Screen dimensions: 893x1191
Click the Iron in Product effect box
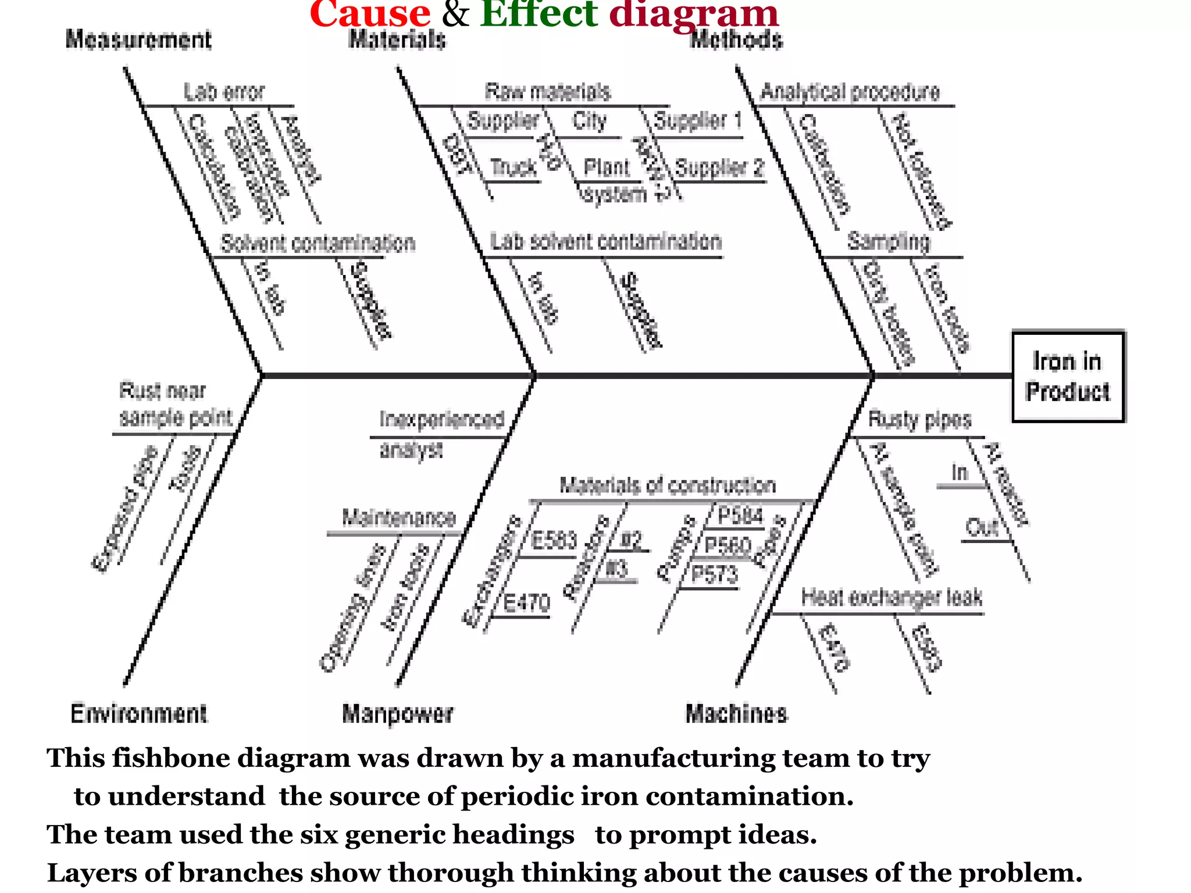pyautogui.click(x=1068, y=376)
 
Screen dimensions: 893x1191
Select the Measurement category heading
pyautogui.click(x=138, y=40)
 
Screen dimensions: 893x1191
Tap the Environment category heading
pyautogui.click(x=138, y=713)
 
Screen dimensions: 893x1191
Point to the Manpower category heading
pyautogui.click(x=398, y=713)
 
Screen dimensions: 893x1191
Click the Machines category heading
pyautogui.click(x=736, y=713)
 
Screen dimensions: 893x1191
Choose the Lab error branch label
pyautogui.click(x=224, y=92)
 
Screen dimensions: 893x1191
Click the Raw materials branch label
pyautogui.click(x=547, y=92)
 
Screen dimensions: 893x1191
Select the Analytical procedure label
pyautogui.click(x=850, y=92)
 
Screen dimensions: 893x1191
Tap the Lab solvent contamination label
pyautogui.click(x=605, y=241)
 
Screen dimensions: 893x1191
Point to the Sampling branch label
pyautogui.click(x=888, y=241)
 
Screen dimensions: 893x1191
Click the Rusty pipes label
pyautogui.click(x=919, y=419)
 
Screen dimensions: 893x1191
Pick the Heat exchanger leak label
pyautogui.click(x=892, y=597)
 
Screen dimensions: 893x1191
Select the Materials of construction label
pyautogui.click(x=668, y=485)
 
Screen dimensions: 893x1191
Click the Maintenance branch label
pyautogui.click(x=398, y=517)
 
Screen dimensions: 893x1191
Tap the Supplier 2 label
pyautogui.click(x=719, y=168)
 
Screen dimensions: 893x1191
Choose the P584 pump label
pyautogui.click(x=740, y=515)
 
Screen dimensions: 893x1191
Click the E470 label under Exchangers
pyautogui.click(x=526, y=603)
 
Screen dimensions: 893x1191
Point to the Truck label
pyautogui.click(x=513, y=167)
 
